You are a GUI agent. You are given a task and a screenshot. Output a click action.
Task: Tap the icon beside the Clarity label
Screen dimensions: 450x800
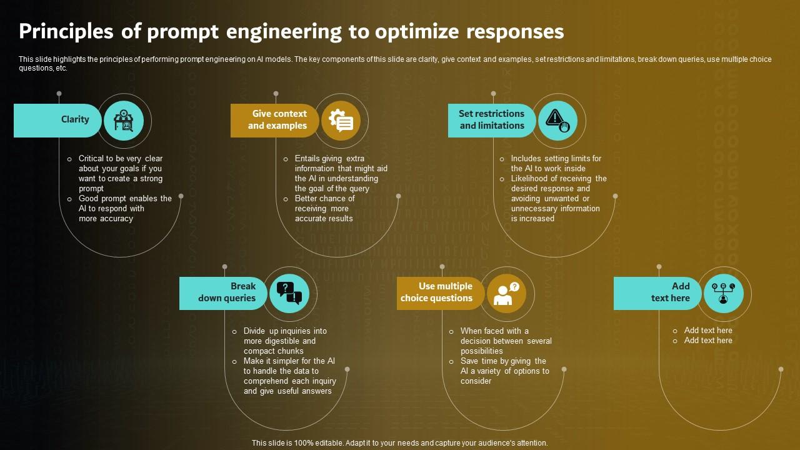[124, 121]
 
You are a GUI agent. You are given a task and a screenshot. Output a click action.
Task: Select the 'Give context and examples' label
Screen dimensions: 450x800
[275, 120]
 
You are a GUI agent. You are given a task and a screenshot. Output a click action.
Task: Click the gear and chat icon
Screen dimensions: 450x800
[341, 121]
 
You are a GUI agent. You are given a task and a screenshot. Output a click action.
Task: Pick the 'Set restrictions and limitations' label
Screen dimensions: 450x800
[491, 120]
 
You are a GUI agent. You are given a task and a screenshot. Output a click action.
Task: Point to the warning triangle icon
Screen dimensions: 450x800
[558, 121]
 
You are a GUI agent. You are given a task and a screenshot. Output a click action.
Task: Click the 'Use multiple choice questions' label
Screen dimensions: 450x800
[440, 292]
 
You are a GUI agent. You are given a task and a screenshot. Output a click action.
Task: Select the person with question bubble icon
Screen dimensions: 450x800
[507, 293]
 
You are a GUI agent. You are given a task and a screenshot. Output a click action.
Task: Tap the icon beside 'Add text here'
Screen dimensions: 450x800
[724, 293]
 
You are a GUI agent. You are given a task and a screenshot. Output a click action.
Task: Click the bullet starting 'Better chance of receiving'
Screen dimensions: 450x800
[325, 209]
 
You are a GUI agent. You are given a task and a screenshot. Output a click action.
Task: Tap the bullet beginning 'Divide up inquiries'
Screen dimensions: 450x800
[284, 341]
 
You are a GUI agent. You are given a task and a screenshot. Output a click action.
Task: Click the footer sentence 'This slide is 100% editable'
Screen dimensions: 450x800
[399, 443]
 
